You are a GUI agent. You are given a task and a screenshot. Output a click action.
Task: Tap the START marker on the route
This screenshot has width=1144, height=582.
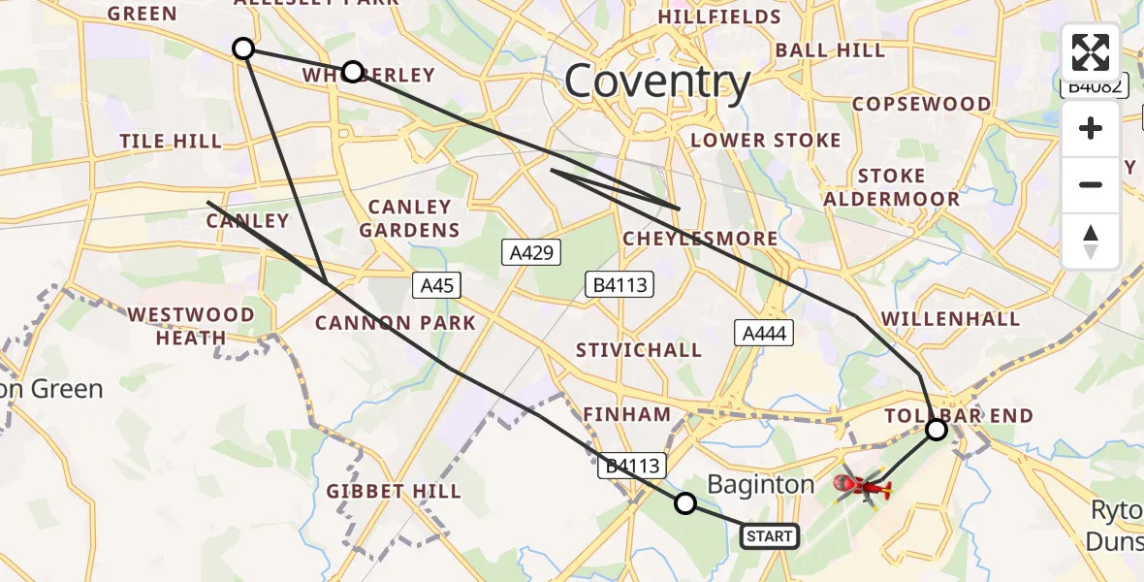coord(770,535)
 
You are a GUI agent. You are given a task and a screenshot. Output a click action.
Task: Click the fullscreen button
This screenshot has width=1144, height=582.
coord(1091,52)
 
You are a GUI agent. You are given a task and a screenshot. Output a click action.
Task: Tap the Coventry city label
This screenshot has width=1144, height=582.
coord(657,82)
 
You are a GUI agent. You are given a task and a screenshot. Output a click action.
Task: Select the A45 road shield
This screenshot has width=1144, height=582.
coord(436,285)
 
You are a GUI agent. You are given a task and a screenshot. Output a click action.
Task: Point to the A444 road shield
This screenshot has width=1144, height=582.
coord(765,334)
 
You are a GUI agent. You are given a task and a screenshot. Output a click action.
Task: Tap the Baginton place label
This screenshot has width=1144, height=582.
coord(761,484)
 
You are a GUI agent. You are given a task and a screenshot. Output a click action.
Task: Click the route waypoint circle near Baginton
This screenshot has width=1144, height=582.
coord(685,502)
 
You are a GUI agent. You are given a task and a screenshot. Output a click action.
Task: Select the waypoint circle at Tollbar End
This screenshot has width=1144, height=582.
coord(937,429)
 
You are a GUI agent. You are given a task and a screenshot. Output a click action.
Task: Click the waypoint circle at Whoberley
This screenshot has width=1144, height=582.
coord(353,72)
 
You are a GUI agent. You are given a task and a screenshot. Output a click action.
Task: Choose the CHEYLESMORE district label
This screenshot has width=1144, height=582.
coord(700,239)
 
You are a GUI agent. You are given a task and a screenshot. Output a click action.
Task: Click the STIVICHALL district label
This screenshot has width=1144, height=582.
coord(638,350)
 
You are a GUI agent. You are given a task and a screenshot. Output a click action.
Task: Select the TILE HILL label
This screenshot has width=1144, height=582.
coord(171,142)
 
